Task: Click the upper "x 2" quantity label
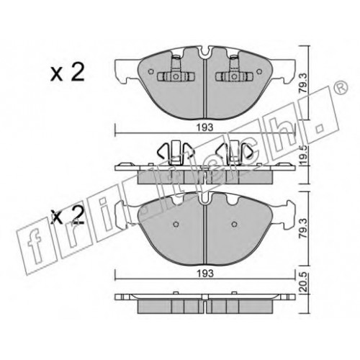point(68,72)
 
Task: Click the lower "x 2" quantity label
point(68,215)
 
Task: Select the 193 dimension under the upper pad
point(205,127)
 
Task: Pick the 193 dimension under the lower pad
point(205,274)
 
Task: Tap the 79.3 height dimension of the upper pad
point(303,84)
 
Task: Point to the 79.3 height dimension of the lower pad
point(303,228)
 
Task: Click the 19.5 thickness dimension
point(303,156)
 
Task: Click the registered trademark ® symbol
point(341,87)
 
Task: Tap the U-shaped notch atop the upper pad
point(205,52)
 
